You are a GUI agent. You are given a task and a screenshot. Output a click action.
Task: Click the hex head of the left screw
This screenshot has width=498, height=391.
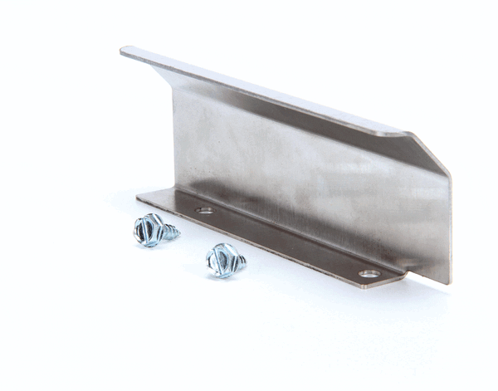coord(148,229)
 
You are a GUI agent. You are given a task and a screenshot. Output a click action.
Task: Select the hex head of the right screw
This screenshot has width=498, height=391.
coord(220,260)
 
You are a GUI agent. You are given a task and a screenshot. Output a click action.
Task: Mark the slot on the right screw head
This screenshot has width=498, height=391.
coord(221,260)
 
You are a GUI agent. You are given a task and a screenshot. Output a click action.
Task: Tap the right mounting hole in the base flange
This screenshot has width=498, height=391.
coord(369,273)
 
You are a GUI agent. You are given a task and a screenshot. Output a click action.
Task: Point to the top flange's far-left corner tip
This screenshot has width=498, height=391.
coord(124,51)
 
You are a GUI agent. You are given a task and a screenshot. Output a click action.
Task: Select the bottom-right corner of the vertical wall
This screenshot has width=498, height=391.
coord(449,282)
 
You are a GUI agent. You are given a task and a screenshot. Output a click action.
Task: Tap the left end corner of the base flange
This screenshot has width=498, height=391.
coord(139,196)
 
